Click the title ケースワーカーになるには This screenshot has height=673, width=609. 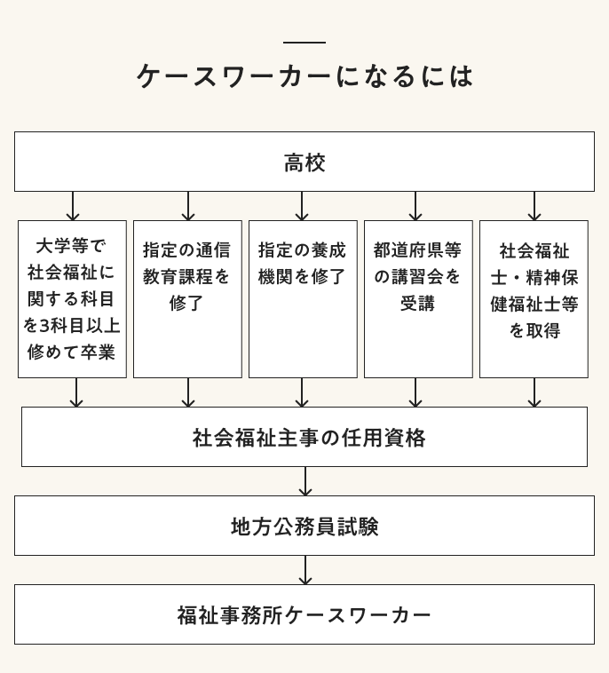tap(304, 76)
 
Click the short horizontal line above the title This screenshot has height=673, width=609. tap(304, 43)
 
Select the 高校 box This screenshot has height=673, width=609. tap(304, 162)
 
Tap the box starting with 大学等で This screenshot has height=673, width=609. tap(72, 298)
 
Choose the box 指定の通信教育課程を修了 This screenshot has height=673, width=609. tap(187, 298)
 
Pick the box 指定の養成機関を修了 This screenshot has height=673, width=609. tap(303, 298)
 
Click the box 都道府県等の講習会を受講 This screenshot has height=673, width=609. tap(418, 298)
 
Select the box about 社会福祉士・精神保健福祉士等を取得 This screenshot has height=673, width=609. tap(534, 298)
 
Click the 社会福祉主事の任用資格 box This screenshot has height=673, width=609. tap(304, 437)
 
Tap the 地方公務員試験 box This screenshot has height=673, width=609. tap(304, 526)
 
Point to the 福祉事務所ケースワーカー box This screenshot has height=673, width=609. tap(304, 614)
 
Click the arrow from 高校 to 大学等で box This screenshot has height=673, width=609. tap(73, 206)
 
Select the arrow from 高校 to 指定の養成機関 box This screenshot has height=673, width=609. tap(303, 206)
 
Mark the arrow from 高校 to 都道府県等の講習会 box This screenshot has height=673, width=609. tap(415, 206)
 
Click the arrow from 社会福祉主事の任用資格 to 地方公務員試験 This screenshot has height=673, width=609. tap(305, 481)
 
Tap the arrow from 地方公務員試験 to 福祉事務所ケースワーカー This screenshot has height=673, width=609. tap(305, 570)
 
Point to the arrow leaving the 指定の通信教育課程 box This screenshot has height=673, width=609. tap(188, 392)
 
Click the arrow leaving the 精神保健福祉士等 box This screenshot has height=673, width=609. tap(534, 392)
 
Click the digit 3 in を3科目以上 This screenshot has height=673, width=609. tap(43, 326)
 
